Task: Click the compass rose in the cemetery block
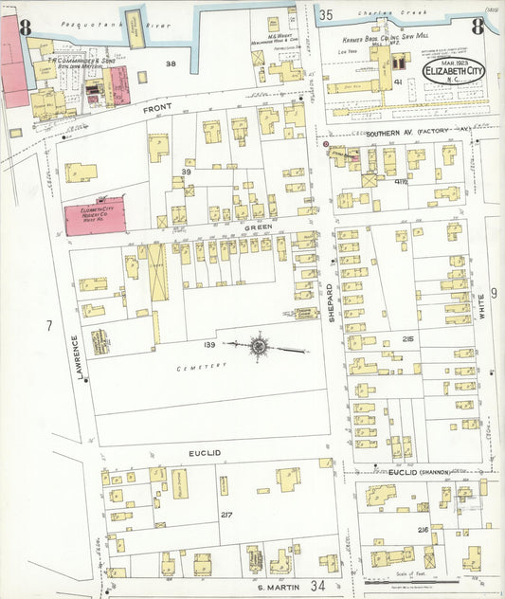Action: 259,346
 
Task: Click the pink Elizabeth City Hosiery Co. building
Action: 94,216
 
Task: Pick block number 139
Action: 209,345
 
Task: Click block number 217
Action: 226,515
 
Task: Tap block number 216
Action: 423,531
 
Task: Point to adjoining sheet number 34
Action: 317,587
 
